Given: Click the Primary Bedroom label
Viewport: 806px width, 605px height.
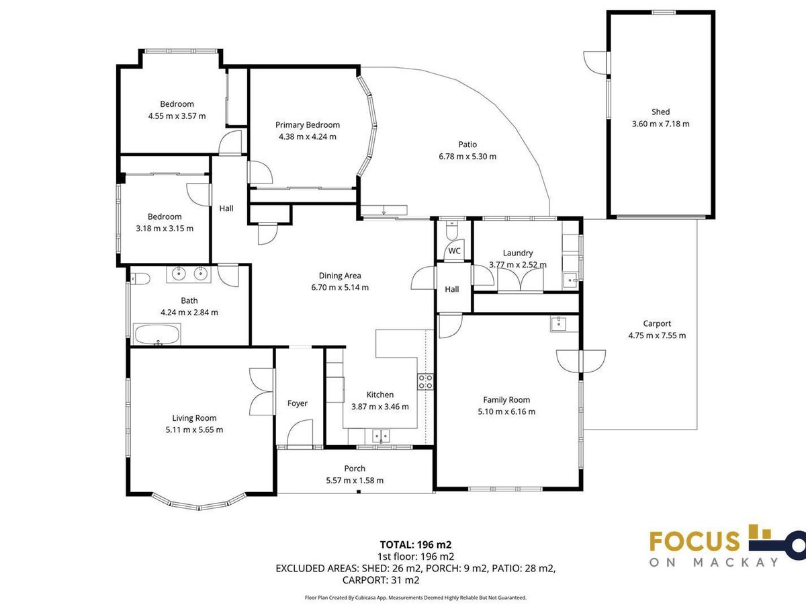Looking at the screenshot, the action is click(x=308, y=125).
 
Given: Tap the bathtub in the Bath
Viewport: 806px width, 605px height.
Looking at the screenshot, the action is click(x=156, y=334).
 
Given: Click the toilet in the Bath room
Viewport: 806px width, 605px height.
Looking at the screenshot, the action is click(x=140, y=279).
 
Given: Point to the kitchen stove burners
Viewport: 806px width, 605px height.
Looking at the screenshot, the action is click(x=425, y=382).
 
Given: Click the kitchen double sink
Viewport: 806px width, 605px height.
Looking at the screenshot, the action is click(x=381, y=436).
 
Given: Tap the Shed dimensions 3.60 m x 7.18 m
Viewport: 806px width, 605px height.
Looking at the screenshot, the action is click(x=661, y=124).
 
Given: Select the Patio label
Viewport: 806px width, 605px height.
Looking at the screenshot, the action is click(x=467, y=145).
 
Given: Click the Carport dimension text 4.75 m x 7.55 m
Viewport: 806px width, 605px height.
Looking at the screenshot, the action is click(x=657, y=335).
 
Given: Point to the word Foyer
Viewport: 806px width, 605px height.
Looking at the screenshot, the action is click(x=297, y=403).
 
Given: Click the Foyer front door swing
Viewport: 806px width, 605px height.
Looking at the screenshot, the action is click(x=300, y=434).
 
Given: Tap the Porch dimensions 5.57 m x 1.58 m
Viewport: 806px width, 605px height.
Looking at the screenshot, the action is click(x=355, y=481).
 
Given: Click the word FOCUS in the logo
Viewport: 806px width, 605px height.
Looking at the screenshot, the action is click(x=695, y=541).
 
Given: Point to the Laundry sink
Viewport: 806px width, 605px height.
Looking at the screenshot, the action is click(x=570, y=281).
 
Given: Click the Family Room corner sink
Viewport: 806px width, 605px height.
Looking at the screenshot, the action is click(x=559, y=324).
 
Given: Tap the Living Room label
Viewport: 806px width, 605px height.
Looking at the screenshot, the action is click(x=194, y=418).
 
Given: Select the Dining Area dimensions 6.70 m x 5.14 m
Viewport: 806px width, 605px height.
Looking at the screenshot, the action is click(x=340, y=288).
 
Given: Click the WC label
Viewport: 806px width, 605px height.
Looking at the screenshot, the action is click(x=454, y=251).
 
